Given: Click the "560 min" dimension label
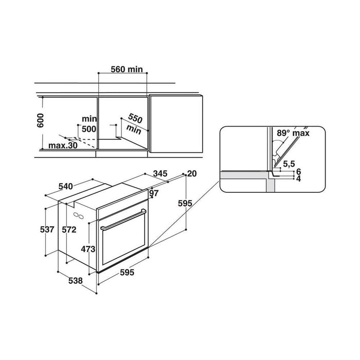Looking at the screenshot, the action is point(127,69).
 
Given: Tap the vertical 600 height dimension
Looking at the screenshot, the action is point(41,120).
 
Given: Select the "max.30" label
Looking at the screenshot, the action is point(63,146).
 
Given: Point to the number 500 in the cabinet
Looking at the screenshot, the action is point(89,129).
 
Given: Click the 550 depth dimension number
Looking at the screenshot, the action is point(135,118).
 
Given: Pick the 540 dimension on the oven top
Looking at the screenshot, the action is point(66,186).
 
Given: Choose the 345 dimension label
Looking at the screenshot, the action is point(160,173).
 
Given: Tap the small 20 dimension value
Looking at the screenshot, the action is point(192,174).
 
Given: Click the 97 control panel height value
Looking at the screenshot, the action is point(154,193).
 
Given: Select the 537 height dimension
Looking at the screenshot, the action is point(47,229).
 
